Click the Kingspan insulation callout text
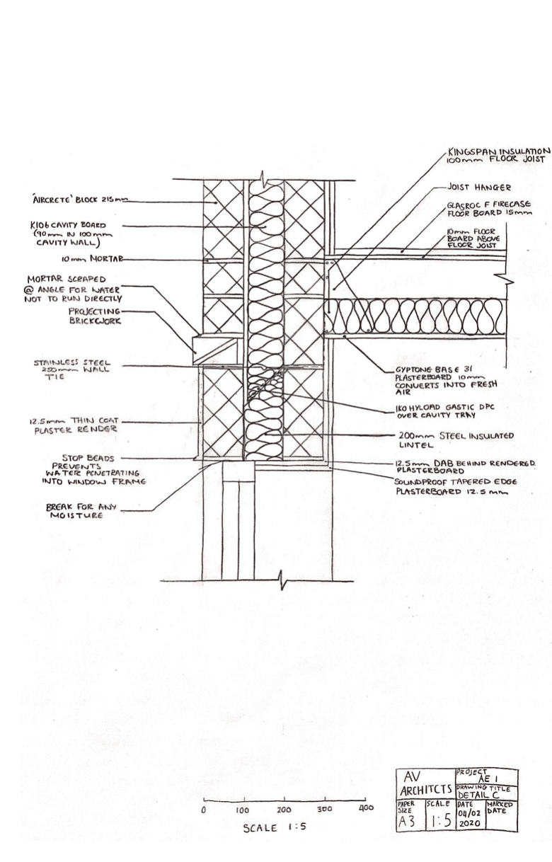(x=498, y=156)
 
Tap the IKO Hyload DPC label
(x=437, y=413)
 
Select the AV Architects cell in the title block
(x=423, y=783)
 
